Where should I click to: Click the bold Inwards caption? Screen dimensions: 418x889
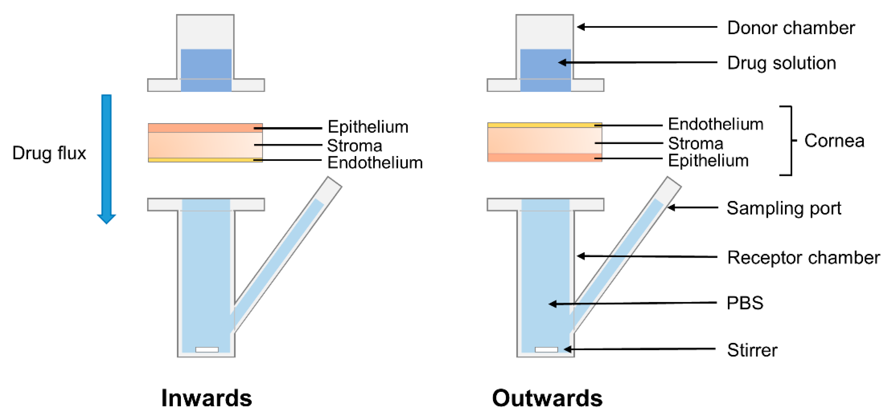(206, 398)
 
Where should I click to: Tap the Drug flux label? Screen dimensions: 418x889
(49, 153)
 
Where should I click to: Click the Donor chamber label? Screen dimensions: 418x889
(791, 28)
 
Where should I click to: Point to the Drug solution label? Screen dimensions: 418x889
(781, 63)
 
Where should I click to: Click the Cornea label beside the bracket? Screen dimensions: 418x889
(834, 141)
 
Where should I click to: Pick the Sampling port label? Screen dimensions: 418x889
(784, 208)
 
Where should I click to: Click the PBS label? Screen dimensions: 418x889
(745, 303)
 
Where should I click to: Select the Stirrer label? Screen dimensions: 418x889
(752, 350)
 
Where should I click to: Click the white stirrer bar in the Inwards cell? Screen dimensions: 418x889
(207, 349)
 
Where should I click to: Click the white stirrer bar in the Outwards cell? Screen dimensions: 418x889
(546, 349)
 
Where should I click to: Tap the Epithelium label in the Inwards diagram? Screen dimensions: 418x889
(368, 127)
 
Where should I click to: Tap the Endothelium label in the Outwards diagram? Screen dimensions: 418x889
(715, 124)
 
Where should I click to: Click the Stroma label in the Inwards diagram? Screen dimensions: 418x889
(354, 146)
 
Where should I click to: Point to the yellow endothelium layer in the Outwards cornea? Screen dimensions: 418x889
(538, 125)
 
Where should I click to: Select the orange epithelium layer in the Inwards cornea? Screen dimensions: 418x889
(200, 128)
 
